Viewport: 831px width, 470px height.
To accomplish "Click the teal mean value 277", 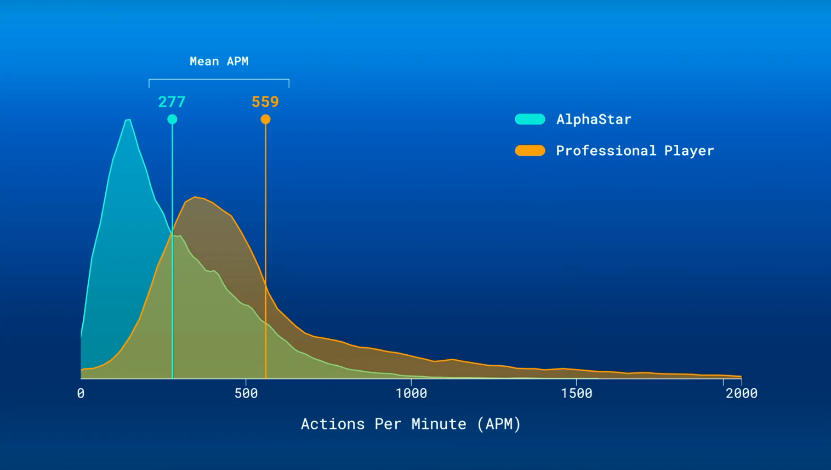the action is [x=172, y=101].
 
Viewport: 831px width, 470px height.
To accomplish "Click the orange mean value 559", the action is [x=265, y=101].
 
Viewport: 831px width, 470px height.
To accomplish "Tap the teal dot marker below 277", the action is [x=172, y=119].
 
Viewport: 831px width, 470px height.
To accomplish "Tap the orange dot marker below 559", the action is [x=266, y=119].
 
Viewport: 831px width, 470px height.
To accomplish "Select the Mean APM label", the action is [x=219, y=61].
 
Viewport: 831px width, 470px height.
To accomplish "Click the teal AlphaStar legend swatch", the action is [x=530, y=119].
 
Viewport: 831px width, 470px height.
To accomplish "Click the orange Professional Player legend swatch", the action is [x=530, y=150].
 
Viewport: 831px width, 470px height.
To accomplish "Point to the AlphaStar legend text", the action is [x=594, y=119].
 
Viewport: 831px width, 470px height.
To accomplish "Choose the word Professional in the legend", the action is [x=606, y=151].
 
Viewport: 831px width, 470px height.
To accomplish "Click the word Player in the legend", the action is [x=689, y=151].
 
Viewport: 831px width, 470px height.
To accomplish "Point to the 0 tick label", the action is [x=81, y=393].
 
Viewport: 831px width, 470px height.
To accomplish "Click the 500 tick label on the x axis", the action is [x=246, y=393].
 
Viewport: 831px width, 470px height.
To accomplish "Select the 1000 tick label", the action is [x=412, y=393].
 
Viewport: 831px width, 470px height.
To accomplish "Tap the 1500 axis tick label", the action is [x=577, y=393].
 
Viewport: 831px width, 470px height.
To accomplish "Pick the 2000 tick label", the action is [x=742, y=393].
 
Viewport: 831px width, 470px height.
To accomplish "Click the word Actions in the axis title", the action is [x=333, y=424].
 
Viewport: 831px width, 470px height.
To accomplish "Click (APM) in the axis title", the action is [x=499, y=424].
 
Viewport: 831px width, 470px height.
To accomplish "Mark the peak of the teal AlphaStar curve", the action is [x=128, y=120].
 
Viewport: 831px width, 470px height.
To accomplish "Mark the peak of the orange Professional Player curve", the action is [x=195, y=197].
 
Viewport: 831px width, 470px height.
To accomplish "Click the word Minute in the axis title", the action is [x=439, y=424].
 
